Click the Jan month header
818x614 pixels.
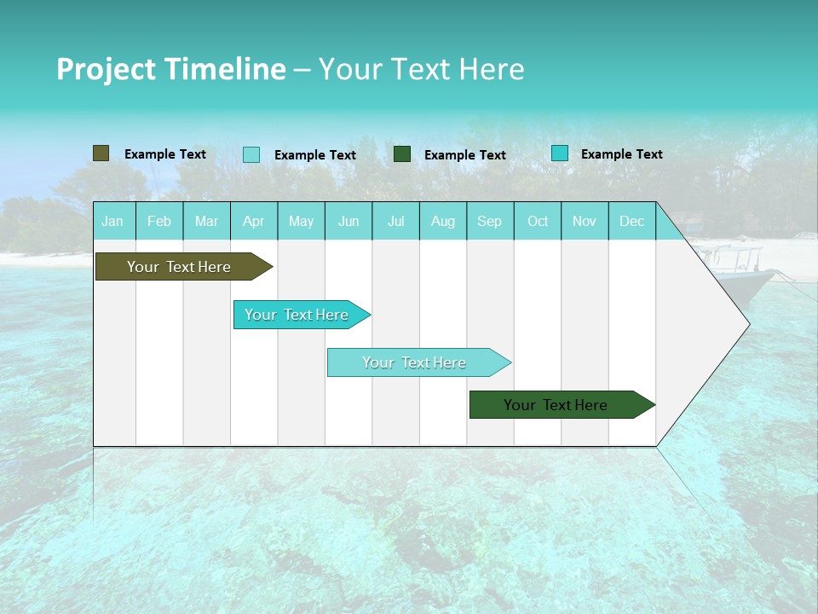[112, 222]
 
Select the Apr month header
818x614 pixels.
[253, 222]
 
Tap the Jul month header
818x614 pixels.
[395, 222]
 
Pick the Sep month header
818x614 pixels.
[489, 222]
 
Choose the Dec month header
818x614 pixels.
[631, 222]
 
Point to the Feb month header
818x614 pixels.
[159, 222]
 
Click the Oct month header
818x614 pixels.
[538, 222]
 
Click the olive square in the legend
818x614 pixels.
[101, 153]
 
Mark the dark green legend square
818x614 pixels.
[402, 154]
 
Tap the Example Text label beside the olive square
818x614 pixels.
[165, 154]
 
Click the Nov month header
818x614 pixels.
[585, 222]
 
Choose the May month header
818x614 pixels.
[301, 222]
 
